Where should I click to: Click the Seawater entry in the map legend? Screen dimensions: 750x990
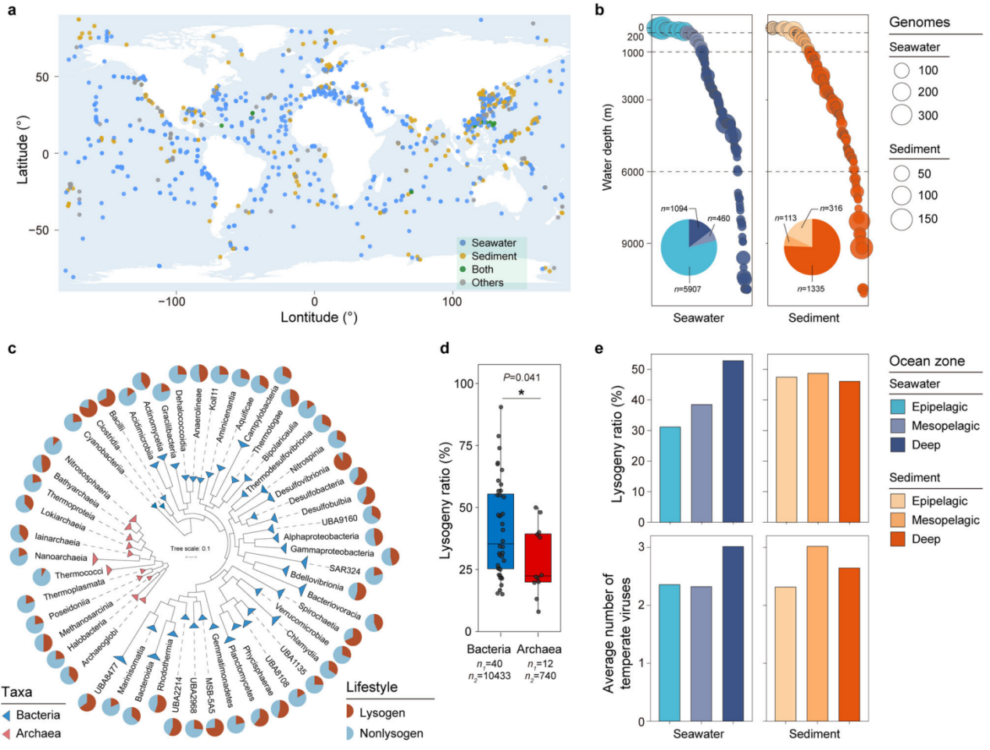tap(493, 243)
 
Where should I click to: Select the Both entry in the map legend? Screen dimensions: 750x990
tap(482, 270)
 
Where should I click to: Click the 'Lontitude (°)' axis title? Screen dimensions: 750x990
tap(319, 317)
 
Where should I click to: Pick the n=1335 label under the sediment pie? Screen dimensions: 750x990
tap(810, 289)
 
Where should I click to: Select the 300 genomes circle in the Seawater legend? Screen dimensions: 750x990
tap(902, 115)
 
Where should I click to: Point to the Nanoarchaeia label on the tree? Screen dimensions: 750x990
tap(61, 557)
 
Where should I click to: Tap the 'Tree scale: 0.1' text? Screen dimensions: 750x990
tap(190, 548)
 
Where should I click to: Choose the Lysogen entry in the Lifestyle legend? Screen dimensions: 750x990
tap(381, 712)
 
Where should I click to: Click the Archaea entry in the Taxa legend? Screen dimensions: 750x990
tap(38, 733)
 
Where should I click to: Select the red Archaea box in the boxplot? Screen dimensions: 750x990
tap(538, 558)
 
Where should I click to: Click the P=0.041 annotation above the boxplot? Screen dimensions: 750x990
tap(521, 377)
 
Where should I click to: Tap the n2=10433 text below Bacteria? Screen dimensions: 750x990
tap(488, 676)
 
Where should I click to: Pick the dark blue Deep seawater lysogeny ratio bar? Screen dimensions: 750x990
tap(733, 441)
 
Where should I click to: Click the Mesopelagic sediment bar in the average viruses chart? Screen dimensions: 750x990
tap(817, 634)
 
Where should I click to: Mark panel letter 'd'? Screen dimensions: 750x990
tap(445, 348)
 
